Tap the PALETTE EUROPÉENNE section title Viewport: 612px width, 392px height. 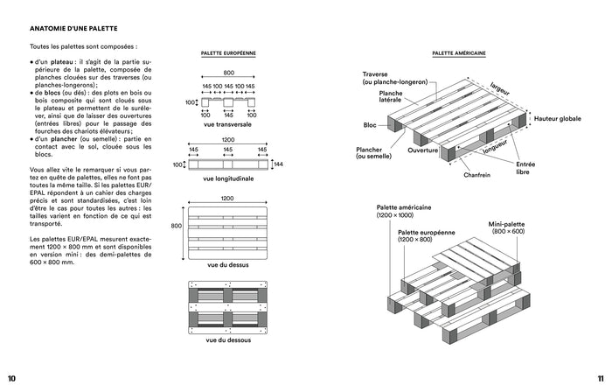pos(228,53)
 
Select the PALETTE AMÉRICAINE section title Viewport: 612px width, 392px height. pos(459,53)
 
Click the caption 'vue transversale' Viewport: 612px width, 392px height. pos(227,125)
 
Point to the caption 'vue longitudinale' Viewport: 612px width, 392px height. pos(227,179)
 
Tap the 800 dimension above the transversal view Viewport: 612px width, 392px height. pos(228,73)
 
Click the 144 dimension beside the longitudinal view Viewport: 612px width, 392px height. pos(278,164)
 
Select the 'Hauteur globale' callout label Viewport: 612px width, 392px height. pos(558,118)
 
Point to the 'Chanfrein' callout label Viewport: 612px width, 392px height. pos(477,175)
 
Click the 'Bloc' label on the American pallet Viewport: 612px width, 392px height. pos(370,125)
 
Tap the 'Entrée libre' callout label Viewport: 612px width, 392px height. pos(525,168)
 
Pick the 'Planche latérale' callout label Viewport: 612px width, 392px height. pos(391,96)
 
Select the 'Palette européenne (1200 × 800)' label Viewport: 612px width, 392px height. pos(428,235)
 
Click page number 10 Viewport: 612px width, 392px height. pos(11,378)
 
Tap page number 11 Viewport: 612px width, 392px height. pos(600,378)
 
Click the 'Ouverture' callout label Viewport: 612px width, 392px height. pos(422,150)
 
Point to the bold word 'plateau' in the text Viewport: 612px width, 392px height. pos(62,63)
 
